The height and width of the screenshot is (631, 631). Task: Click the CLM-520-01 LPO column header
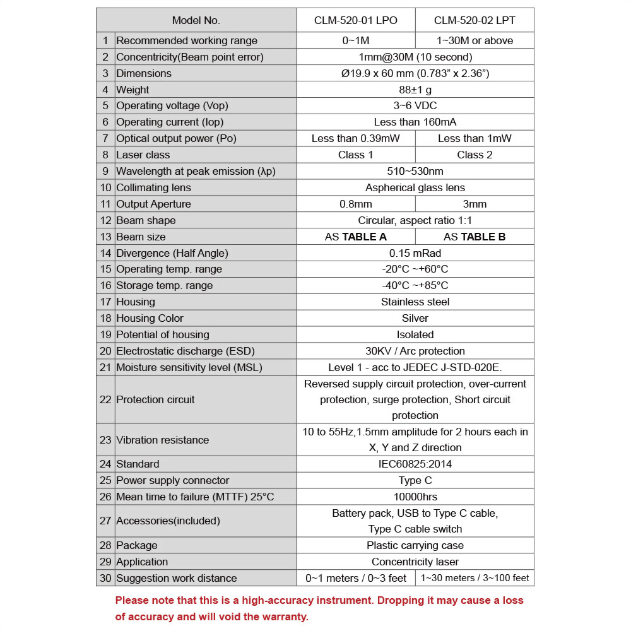(355, 20)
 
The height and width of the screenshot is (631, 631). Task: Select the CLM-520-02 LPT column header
(475, 20)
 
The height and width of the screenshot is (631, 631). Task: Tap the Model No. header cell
(196, 20)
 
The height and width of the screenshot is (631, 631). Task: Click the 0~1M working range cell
(355, 40)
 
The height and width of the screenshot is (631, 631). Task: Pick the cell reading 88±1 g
(415, 90)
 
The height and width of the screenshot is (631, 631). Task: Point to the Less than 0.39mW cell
(355, 138)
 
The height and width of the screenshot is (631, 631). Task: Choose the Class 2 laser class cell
(475, 155)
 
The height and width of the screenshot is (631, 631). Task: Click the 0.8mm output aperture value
(355, 204)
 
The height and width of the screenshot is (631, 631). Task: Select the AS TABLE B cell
(475, 237)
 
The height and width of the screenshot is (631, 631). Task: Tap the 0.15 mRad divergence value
(415, 253)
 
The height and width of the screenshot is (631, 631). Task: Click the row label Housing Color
(150, 318)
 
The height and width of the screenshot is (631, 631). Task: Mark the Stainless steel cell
(415, 302)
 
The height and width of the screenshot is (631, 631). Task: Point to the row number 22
(105, 399)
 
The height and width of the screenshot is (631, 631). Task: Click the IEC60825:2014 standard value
(415, 464)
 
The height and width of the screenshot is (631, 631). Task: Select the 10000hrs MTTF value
(415, 497)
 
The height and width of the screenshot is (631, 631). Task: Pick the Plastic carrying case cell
(415, 545)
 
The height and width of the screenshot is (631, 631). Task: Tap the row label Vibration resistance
(162, 440)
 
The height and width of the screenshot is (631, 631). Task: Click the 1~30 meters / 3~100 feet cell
(475, 578)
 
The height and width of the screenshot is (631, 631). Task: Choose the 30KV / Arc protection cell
(415, 351)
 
